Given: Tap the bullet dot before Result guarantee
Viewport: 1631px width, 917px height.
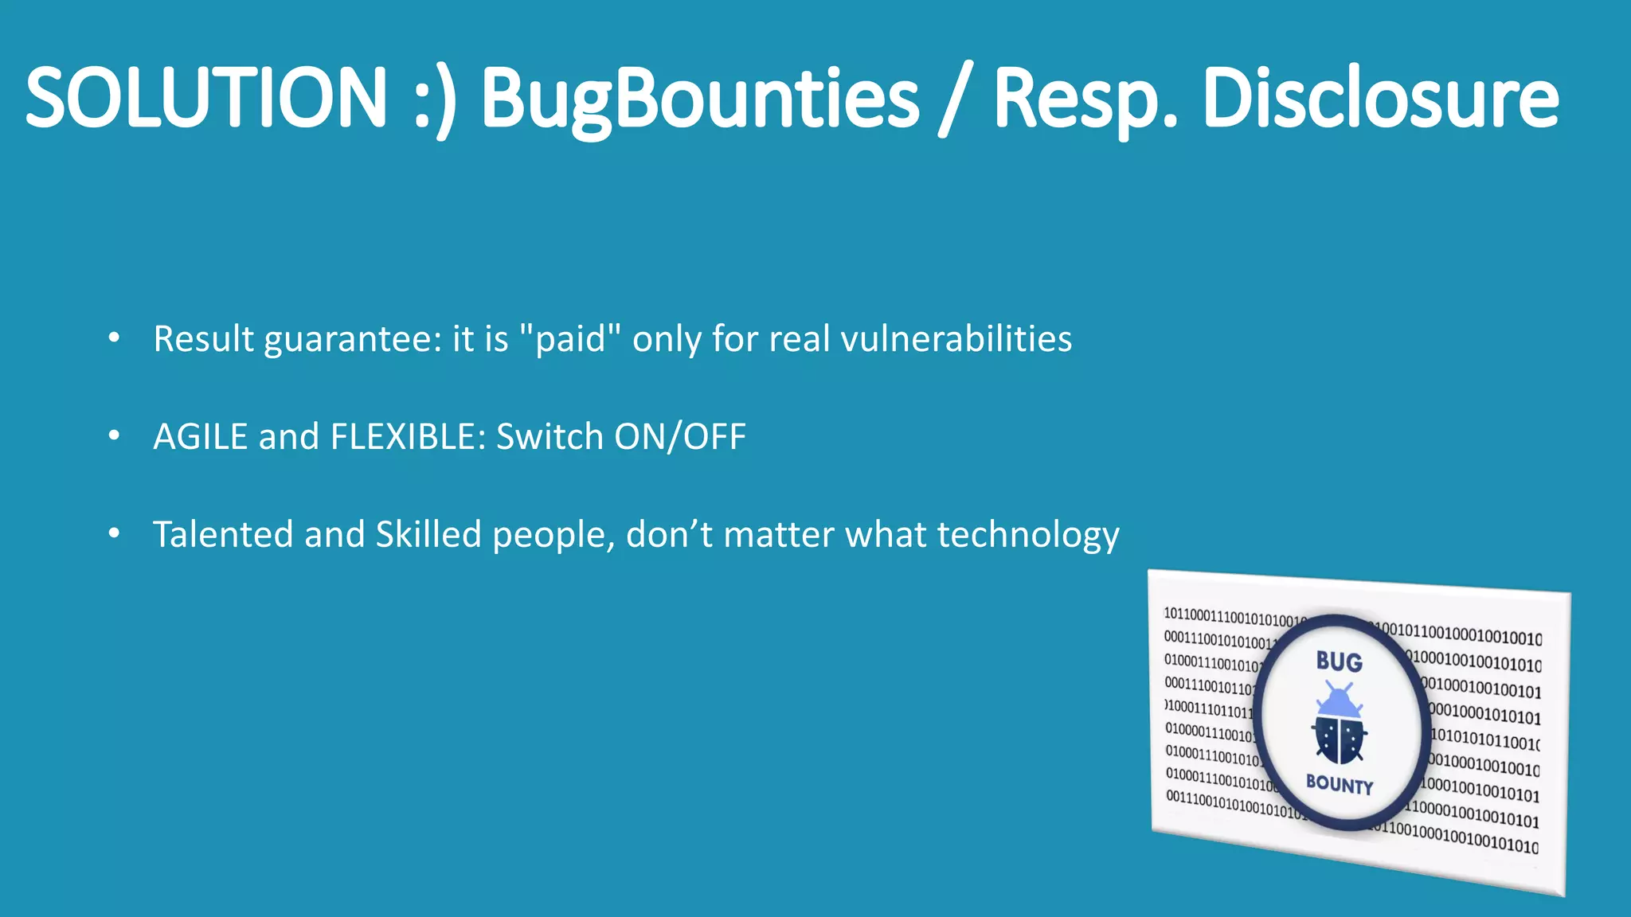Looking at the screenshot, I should pos(115,338).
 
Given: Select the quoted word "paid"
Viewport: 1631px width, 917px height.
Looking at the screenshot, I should pos(569,339).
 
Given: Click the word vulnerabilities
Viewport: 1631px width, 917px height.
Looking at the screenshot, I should pos(956,339).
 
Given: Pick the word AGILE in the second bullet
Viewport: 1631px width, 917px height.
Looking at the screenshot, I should pos(200,437).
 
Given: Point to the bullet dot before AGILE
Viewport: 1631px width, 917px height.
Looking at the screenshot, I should pos(115,436).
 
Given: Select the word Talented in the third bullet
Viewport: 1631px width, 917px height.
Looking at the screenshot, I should pos(223,534).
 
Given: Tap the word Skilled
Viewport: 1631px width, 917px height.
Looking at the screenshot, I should pos(428,534).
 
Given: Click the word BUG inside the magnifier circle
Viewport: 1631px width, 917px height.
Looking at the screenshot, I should pos(1339,661).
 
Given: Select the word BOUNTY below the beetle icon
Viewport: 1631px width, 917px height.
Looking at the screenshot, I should pos(1340,784).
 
